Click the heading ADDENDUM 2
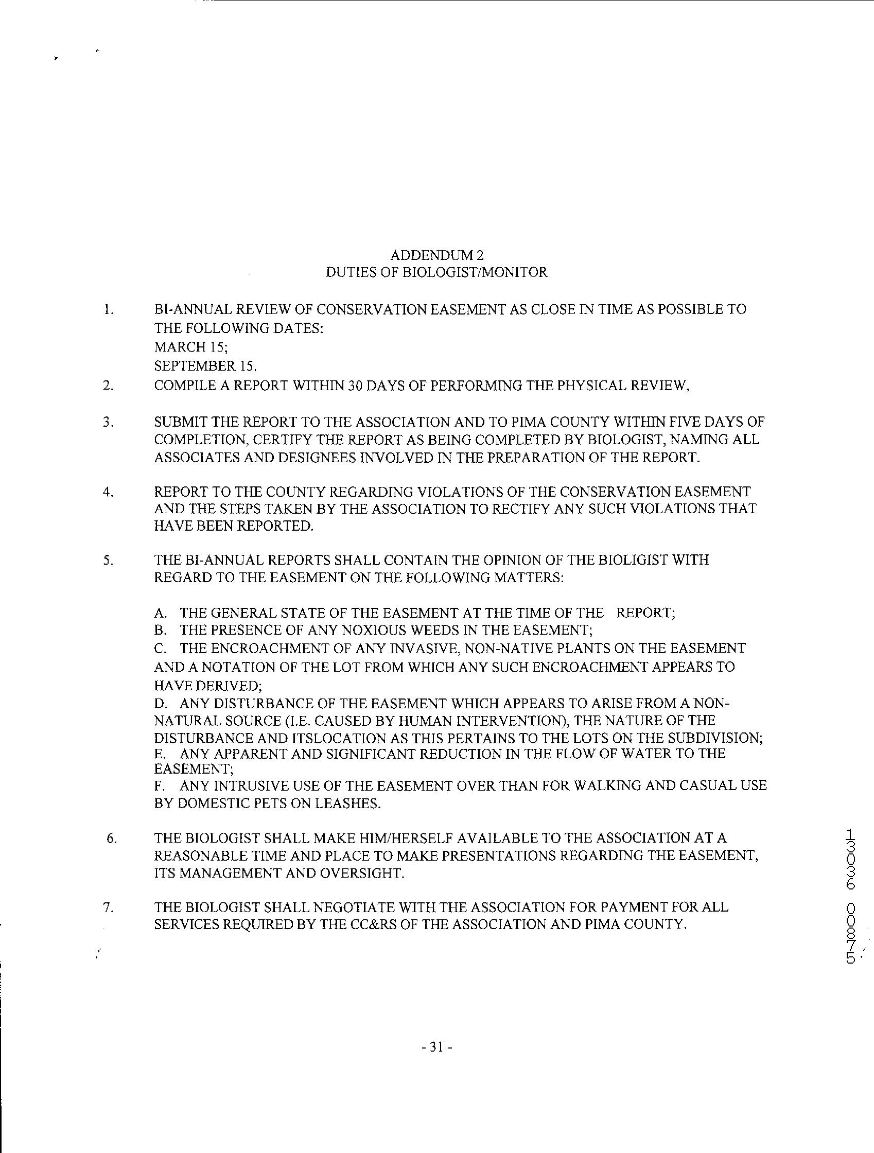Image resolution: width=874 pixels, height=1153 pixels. [x=436, y=255]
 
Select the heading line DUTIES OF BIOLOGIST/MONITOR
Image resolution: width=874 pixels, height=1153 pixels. [x=436, y=272]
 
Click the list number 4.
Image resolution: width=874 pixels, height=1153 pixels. [x=108, y=492]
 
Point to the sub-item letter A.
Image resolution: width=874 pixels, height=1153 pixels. [x=160, y=613]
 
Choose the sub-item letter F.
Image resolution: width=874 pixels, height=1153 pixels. [x=160, y=785]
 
